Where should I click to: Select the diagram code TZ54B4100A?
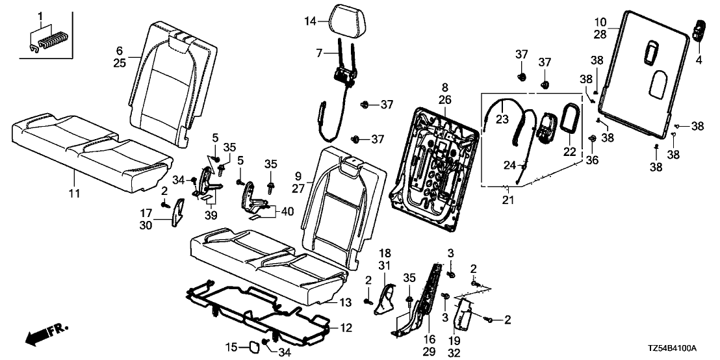[680, 350]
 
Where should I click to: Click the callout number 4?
[699, 60]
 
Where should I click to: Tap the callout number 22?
[569, 151]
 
